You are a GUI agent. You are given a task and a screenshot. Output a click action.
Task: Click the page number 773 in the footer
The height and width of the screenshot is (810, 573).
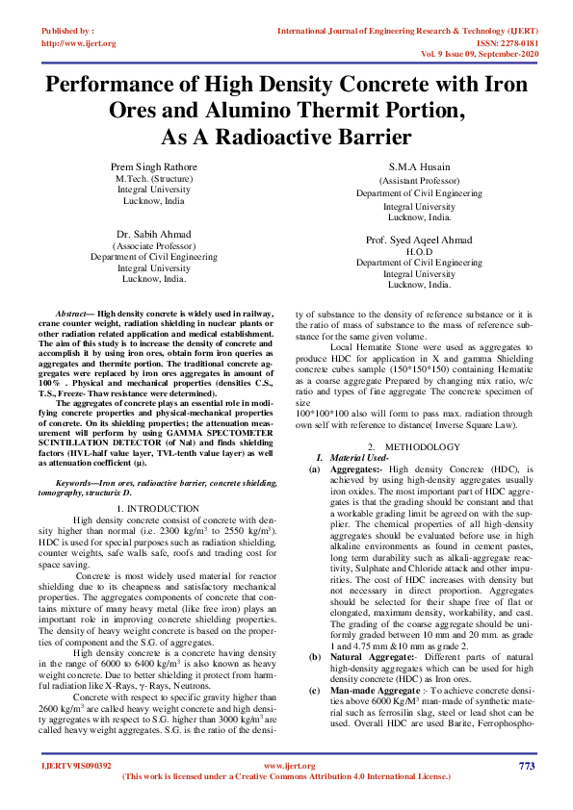pyautogui.click(x=526, y=766)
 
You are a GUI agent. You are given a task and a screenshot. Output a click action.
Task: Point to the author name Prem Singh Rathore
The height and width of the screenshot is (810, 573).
pyautogui.click(x=154, y=166)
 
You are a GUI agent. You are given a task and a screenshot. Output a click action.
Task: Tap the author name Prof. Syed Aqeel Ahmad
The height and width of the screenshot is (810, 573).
pyautogui.click(x=418, y=240)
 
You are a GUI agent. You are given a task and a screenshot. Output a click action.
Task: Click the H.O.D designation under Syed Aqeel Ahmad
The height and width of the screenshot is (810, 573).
pyautogui.click(x=418, y=251)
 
